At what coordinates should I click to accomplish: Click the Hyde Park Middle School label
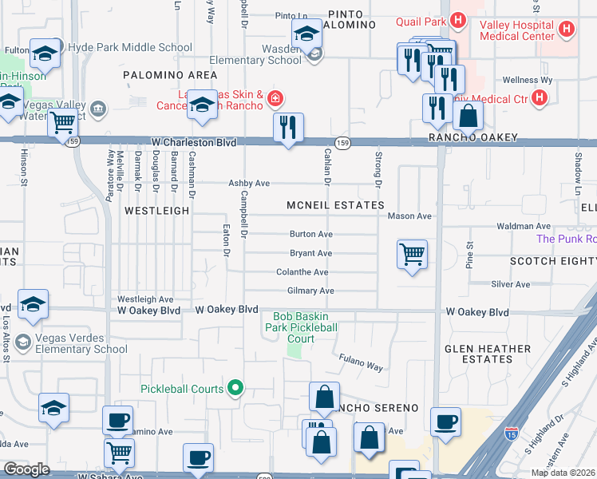(x=131, y=48)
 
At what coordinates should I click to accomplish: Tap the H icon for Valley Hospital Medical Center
(x=567, y=30)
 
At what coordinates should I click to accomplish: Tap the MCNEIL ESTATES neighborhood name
(x=335, y=205)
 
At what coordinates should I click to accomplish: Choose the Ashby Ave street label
(x=249, y=184)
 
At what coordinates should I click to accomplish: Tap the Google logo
(x=26, y=469)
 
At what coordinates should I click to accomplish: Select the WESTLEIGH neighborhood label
(x=157, y=211)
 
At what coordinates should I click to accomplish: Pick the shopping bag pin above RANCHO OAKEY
(x=468, y=117)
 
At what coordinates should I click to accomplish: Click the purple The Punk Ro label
(x=566, y=239)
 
